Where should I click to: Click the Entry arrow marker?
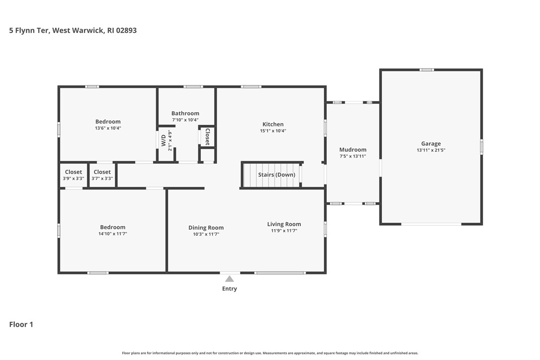click(x=229, y=278)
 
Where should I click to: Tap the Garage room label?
click(x=431, y=144)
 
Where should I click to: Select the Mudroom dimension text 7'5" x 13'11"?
click(x=353, y=156)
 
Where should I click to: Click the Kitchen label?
click(x=273, y=124)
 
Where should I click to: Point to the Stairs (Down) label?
click(x=276, y=175)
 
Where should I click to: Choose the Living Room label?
click(x=284, y=224)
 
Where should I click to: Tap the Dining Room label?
click(x=206, y=228)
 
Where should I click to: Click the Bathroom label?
click(x=185, y=113)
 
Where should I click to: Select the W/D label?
click(x=164, y=140)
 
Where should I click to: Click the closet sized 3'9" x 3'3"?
click(x=74, y=175)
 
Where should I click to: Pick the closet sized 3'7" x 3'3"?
click(x=102, y=175)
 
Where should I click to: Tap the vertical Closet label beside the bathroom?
click(x=207, y=137)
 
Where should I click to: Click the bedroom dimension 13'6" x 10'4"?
click(x=108, y=128)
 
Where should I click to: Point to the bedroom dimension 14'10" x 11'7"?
click(x=112, y=234)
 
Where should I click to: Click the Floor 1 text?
click(x=21, y=325)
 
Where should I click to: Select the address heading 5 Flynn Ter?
click(x=30, y=30)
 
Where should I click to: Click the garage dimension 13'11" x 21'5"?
click(x=431, y=150)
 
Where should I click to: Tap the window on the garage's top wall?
click(x=426, y=70)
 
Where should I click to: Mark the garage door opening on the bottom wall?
click(x=431, y=224)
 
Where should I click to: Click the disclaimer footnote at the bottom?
click(x=270, y=353)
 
